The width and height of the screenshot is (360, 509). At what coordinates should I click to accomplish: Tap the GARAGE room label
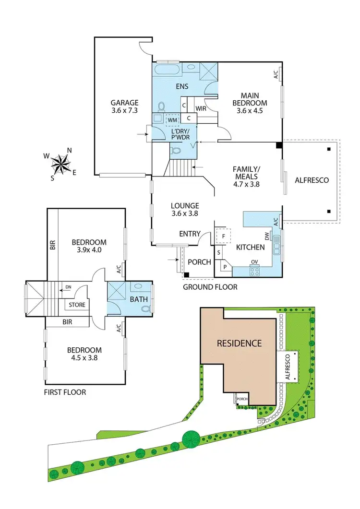[124, 102]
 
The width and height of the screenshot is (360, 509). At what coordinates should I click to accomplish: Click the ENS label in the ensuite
[181, 86]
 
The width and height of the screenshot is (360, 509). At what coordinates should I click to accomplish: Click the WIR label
[201, 109]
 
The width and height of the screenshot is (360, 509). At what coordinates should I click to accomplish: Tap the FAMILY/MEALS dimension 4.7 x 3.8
[246, 183]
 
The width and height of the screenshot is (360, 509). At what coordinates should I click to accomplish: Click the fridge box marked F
[223, 236]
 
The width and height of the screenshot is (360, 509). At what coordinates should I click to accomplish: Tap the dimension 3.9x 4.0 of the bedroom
[89, 249]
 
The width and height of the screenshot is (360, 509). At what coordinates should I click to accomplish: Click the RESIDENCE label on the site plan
[239, 343]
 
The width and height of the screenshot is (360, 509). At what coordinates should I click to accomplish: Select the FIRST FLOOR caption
[65, 392]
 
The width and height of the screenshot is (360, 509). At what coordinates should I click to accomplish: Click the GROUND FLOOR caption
[210, 287]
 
